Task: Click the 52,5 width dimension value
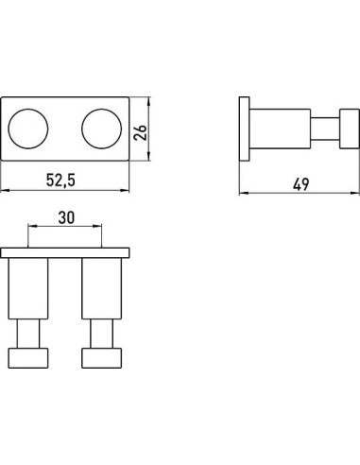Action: (x=64, y=177)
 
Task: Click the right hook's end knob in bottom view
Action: (x=100, y=358)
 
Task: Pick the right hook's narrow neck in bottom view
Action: (x=100, y=335)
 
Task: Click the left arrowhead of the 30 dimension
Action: (x=31, y=227)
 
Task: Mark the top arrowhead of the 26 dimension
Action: (x=150, y=96)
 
